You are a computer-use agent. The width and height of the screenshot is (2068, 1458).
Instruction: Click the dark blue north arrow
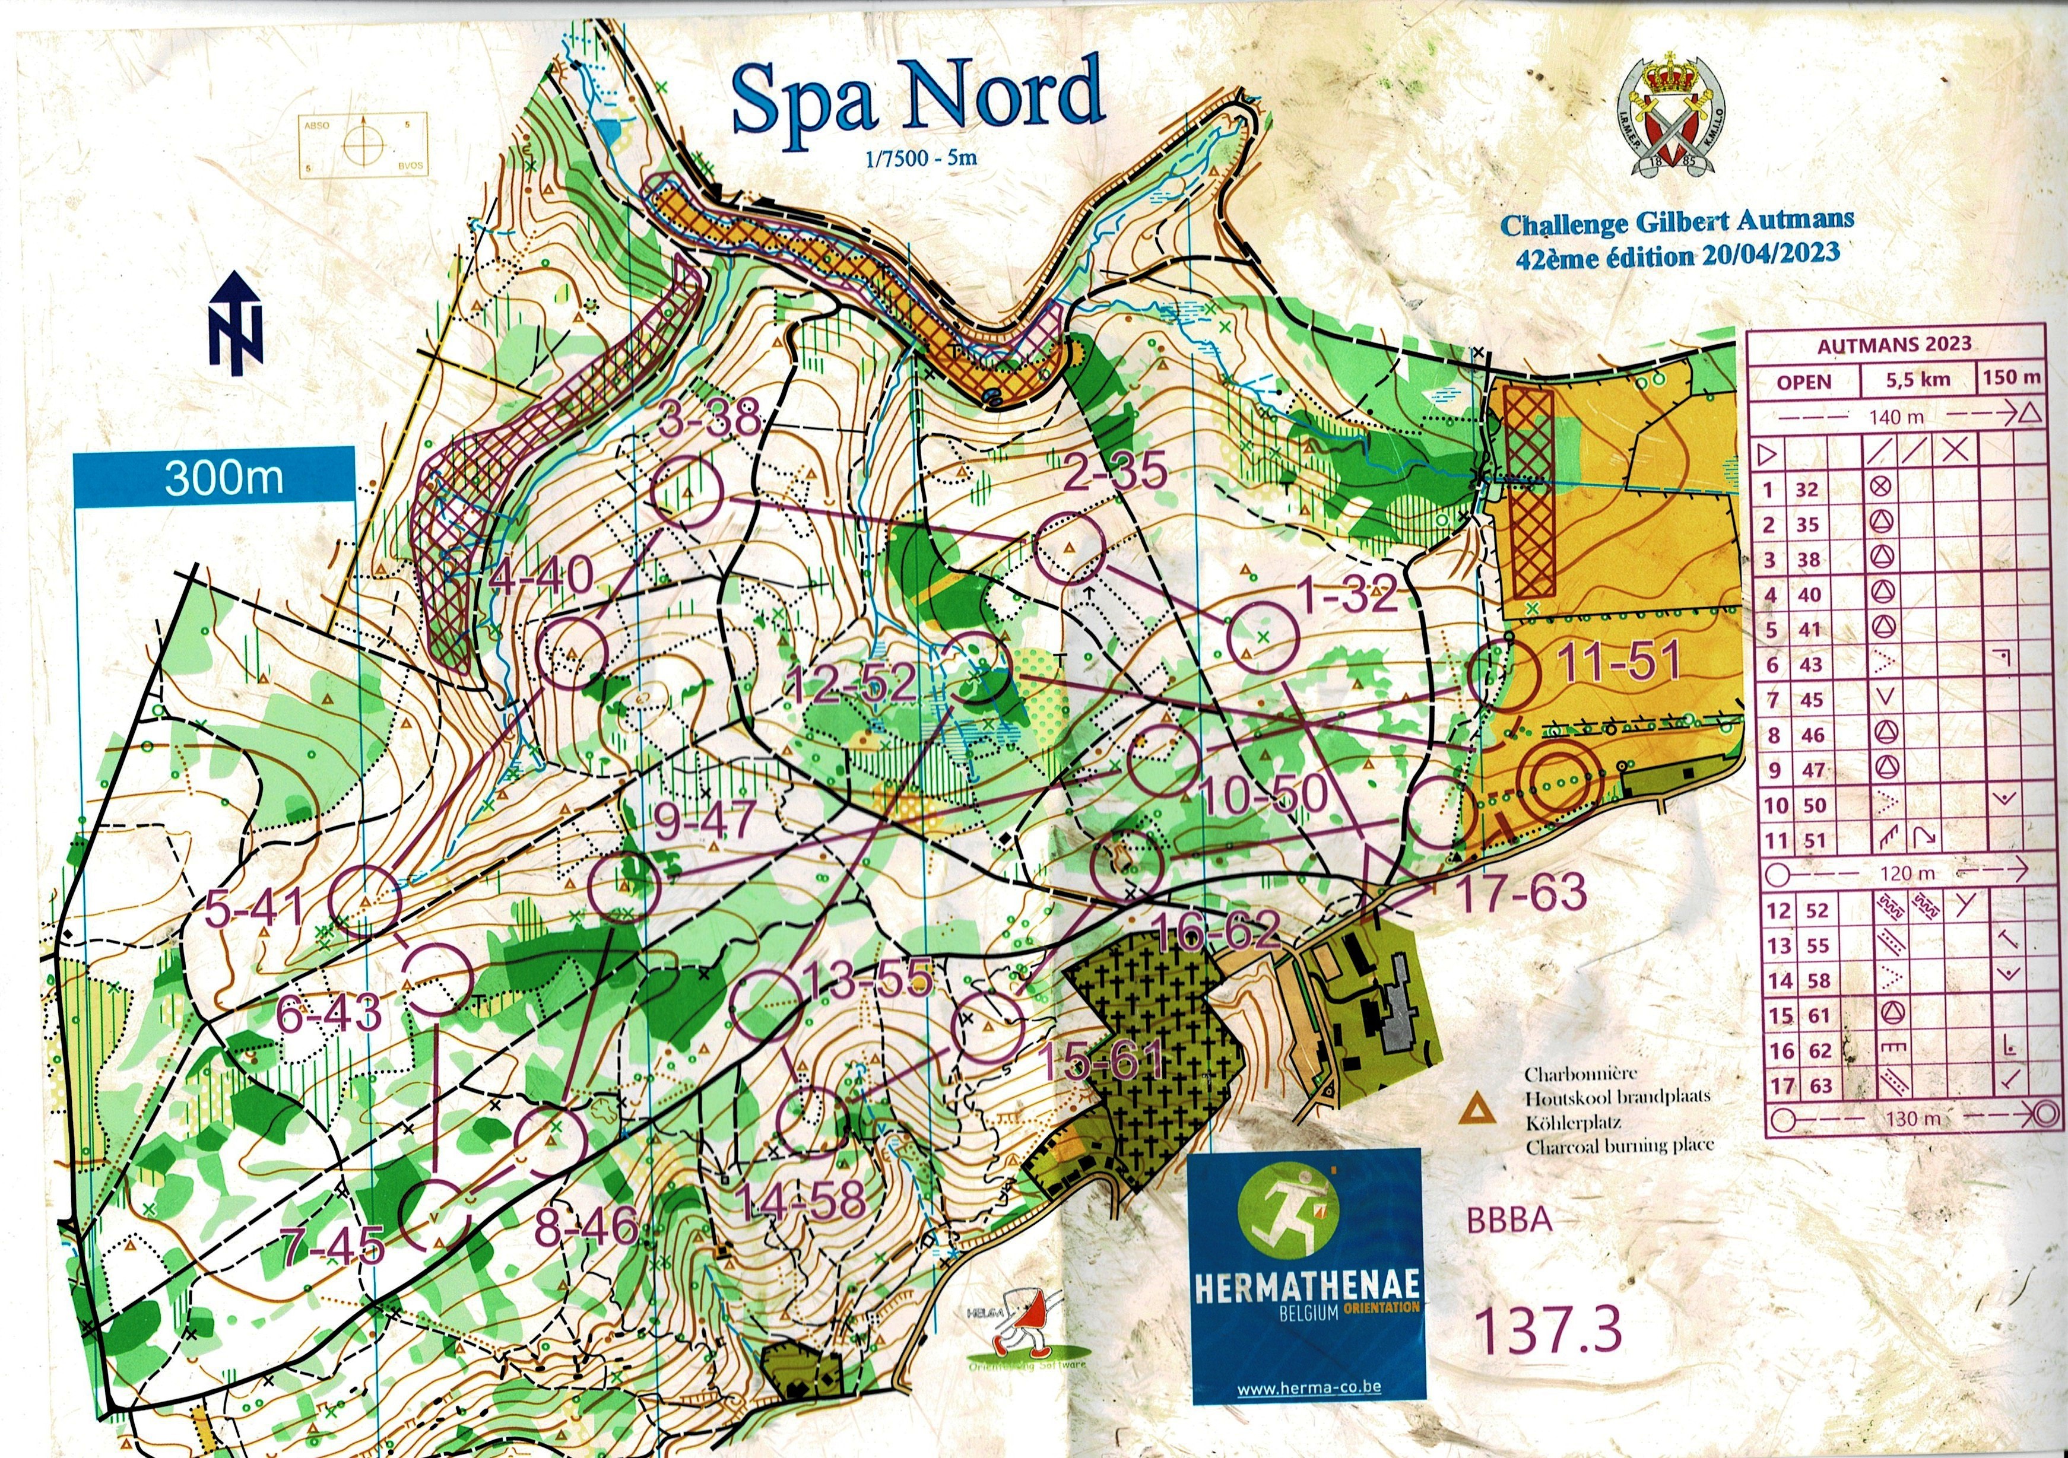tap(236, 322)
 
